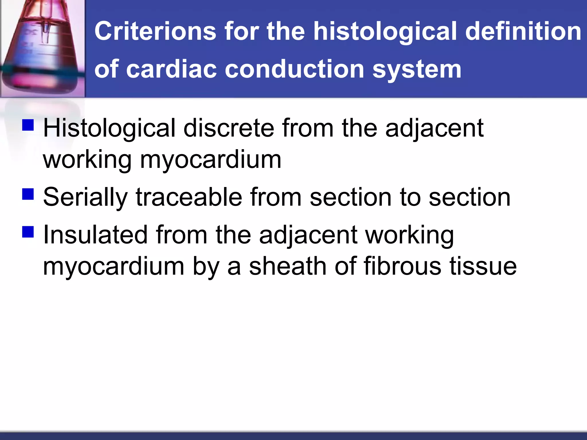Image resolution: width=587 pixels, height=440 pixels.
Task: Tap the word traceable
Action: coord(189,197)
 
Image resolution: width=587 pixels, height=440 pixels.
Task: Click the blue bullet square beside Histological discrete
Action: coord(28,125)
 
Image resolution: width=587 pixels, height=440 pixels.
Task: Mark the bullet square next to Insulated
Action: coord(28,232)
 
